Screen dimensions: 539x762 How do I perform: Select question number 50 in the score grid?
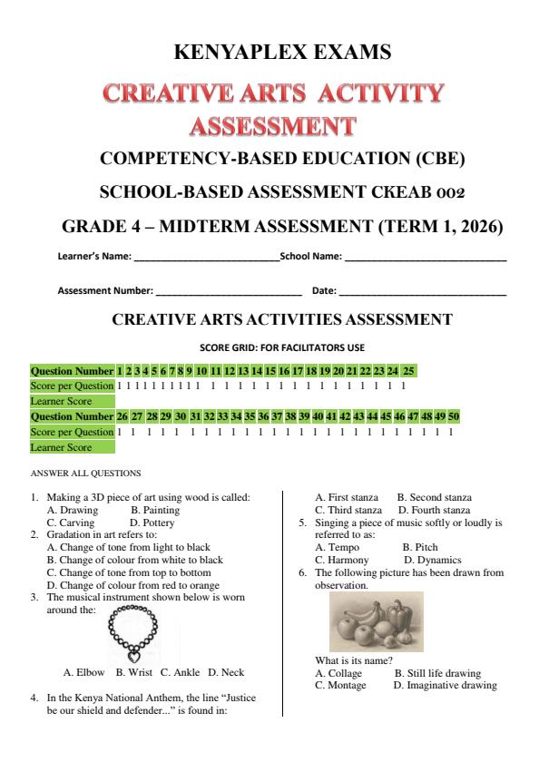[x=454, y=416]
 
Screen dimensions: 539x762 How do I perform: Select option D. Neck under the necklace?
[x=226, y=673]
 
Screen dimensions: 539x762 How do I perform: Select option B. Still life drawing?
[x=436, y=673]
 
